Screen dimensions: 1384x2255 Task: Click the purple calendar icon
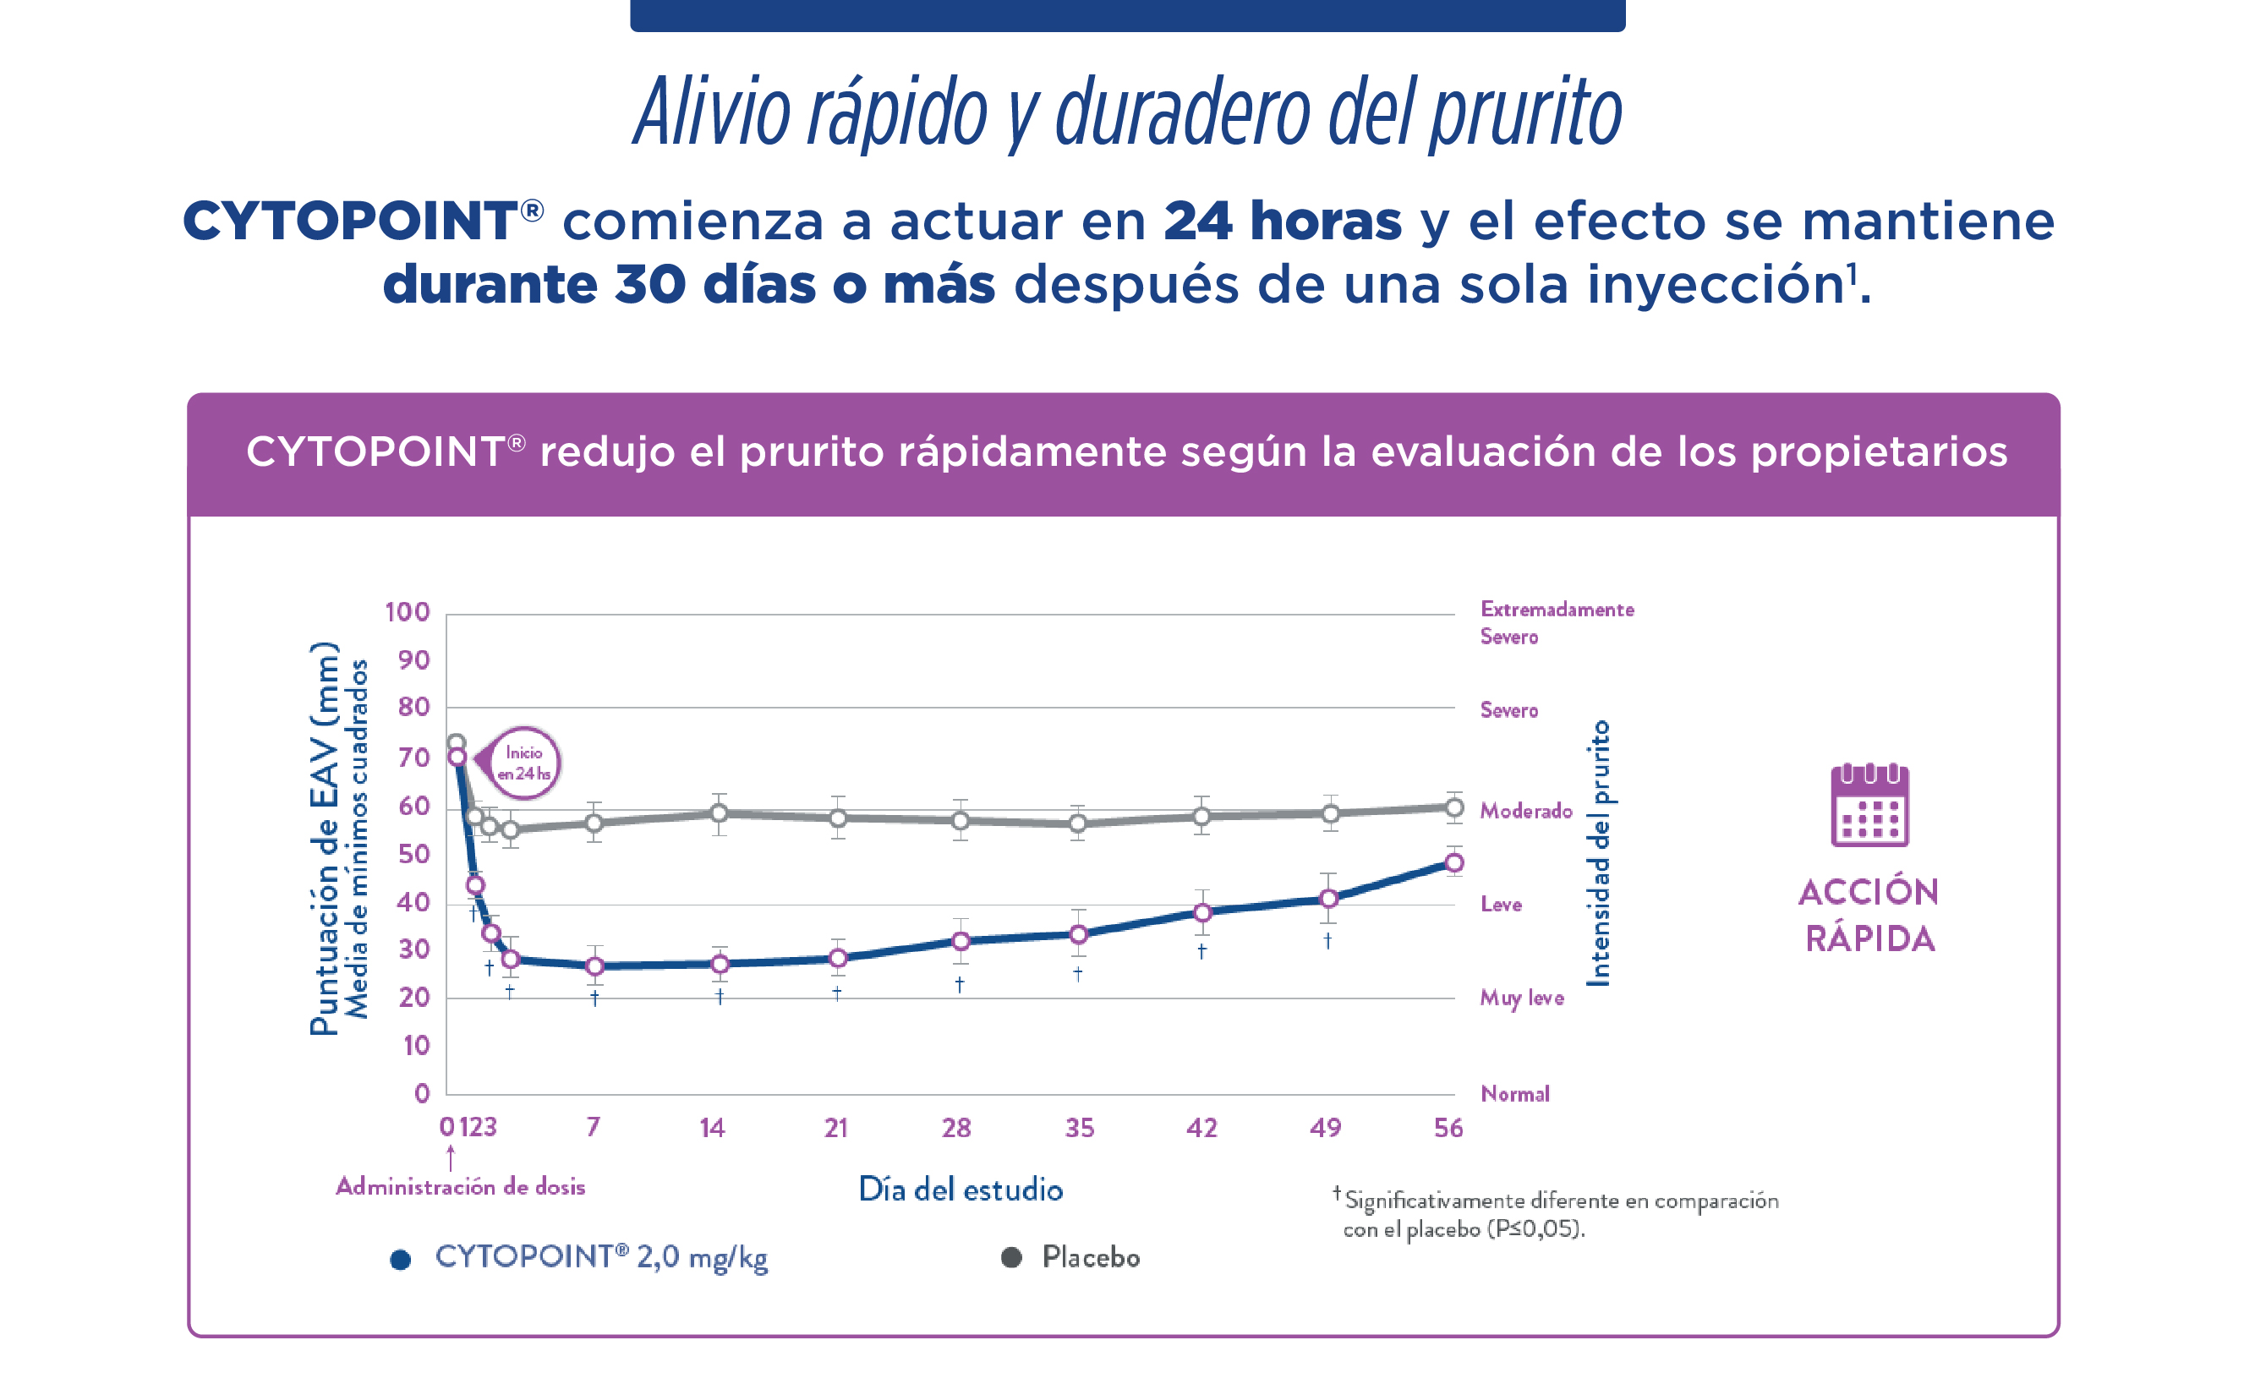pyautogui.click(x=1869, y=805)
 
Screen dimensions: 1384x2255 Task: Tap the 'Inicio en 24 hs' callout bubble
pyautogui.click(x=523, y=763)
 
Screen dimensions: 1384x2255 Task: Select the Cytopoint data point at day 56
pyautogui.click(x=1453, y=862)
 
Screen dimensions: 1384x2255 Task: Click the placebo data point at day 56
pyautogui.click(x=1453, y=807)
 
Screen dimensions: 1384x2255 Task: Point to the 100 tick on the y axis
pyautogui.click(x=408, y=612)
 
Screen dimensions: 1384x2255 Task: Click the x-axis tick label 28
pyautogui.click(x=956, y=1128)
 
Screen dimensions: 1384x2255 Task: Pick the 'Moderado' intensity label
pyautogui.click(x=1525, y=811)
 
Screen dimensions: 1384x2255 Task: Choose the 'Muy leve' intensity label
pyautogui.click(x=1521, y=998)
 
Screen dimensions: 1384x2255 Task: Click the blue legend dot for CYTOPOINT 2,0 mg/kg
pyautogui.click(x=400, y=1261)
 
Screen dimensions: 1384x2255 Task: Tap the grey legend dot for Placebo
pyautogui.click(x=1010, y=1258)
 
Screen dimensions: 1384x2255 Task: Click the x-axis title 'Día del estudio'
pyautogui.click(x=960, y=1190)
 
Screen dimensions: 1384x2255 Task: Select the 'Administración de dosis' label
pyautogui.click(x=460, y=1187)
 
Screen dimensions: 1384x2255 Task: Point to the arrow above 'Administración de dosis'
pyautogui.click(x=451, y=1159)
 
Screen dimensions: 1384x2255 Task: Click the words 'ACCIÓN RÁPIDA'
pyautogui.click(x=1869, y=916)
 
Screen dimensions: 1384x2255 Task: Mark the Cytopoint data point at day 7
pyautogui.click(x=595, y=966)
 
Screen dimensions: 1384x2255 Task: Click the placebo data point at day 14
pyautogui.click(x=720, y=812)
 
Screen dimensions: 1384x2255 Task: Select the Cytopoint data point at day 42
pyautogui.click(x=1202, y=912)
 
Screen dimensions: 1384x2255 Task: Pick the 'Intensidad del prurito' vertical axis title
pyautogui.click(x=1598, y=853)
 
